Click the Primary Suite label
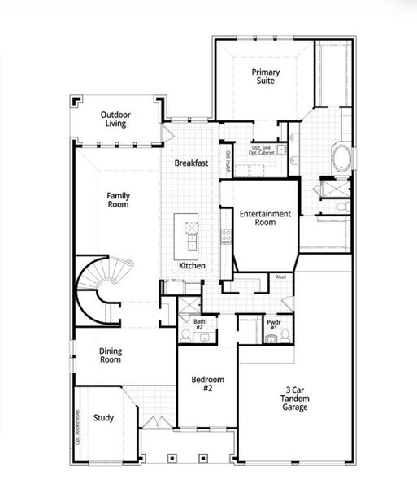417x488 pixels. [x=265, y=77]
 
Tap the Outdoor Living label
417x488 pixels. [x=116, y=120]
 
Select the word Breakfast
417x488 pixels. [x=191, y=163]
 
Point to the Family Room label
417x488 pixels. [x=119, y=200]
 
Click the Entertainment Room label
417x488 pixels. [x=265, y=218]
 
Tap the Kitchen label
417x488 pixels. [x=193, y=266]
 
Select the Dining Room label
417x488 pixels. [x=111, y=355]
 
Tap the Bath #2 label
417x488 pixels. [x=199, y=324]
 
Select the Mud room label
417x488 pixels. [x=280, y=277]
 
